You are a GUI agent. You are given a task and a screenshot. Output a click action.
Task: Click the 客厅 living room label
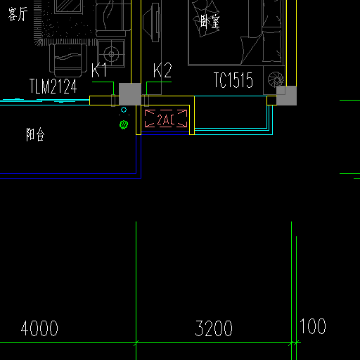18,14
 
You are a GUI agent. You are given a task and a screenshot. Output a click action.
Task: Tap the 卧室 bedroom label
210,22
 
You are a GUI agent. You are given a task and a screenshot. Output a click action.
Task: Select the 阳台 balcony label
35,134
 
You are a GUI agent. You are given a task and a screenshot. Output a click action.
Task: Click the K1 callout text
99,70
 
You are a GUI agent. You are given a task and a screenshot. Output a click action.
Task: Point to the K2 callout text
162,70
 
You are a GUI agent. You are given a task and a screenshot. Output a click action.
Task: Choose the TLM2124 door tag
53,86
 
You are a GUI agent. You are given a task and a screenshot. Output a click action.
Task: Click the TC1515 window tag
233,80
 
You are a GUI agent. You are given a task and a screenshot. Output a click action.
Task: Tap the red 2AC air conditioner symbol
166,119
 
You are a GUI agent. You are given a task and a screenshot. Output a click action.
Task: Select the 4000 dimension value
39,328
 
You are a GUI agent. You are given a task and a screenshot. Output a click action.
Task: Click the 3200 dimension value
214,328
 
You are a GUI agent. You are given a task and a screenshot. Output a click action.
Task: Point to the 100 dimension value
313,326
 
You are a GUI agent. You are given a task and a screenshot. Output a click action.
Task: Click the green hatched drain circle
124,124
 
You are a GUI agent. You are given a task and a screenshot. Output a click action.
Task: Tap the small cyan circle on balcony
124,110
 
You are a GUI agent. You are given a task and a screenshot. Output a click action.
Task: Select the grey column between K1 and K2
130,94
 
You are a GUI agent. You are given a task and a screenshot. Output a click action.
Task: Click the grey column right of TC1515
286,96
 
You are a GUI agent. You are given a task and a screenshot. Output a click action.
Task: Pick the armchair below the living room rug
68,60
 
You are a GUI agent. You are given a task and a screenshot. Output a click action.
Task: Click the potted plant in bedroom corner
276,79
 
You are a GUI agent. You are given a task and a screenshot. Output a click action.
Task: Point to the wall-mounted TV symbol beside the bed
152,22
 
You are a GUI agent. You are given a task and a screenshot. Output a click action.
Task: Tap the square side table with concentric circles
111,53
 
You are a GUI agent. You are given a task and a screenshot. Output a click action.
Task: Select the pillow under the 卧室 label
206,19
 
